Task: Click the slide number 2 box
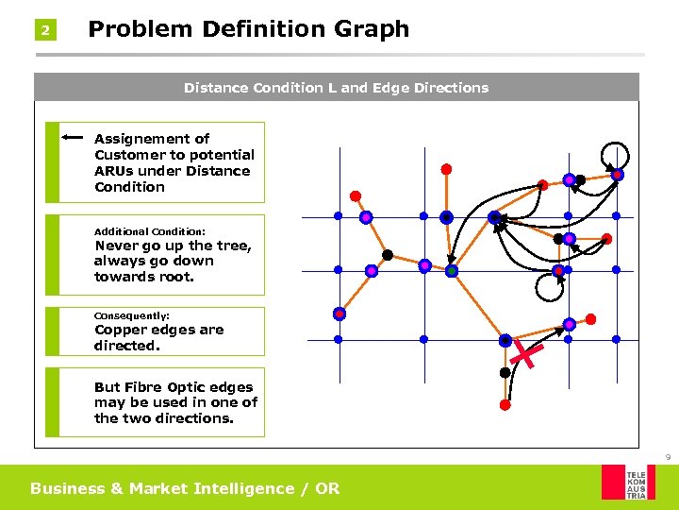click(44, 31)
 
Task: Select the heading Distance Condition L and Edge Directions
click(336, 88)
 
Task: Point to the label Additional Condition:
click(150, 231)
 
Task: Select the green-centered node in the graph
click(452, 271)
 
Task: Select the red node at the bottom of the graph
click(505, 404)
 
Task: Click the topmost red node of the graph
click(446, 169)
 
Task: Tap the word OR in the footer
click(327, 488)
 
